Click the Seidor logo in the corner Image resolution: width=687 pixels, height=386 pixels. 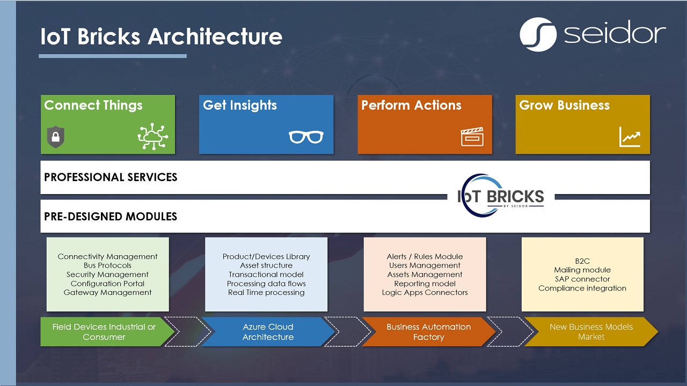593,34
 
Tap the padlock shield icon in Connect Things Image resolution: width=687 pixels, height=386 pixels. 55,138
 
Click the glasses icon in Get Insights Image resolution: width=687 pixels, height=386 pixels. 306,137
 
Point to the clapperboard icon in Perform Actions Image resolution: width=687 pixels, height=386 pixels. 472,137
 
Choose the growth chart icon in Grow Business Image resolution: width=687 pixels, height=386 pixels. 630,137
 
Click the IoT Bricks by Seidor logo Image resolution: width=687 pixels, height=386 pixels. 501,197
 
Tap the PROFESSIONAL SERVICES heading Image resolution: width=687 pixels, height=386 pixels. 111,177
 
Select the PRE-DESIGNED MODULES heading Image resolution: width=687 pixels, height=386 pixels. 111,217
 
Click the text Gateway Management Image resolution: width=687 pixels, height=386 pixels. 107,293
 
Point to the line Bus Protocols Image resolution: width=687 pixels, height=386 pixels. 107,265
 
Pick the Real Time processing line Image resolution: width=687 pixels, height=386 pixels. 266,293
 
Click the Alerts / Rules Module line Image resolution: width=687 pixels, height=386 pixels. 425,257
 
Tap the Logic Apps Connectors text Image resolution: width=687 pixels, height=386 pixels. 425,293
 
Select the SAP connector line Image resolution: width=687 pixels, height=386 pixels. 582,279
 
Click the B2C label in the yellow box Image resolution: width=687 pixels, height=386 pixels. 582,261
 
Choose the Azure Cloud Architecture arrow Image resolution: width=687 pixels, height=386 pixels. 268,332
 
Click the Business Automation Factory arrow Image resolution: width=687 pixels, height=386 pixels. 428,332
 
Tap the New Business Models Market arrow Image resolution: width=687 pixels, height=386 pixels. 591,332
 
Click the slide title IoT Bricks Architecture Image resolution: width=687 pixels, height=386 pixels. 161,36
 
